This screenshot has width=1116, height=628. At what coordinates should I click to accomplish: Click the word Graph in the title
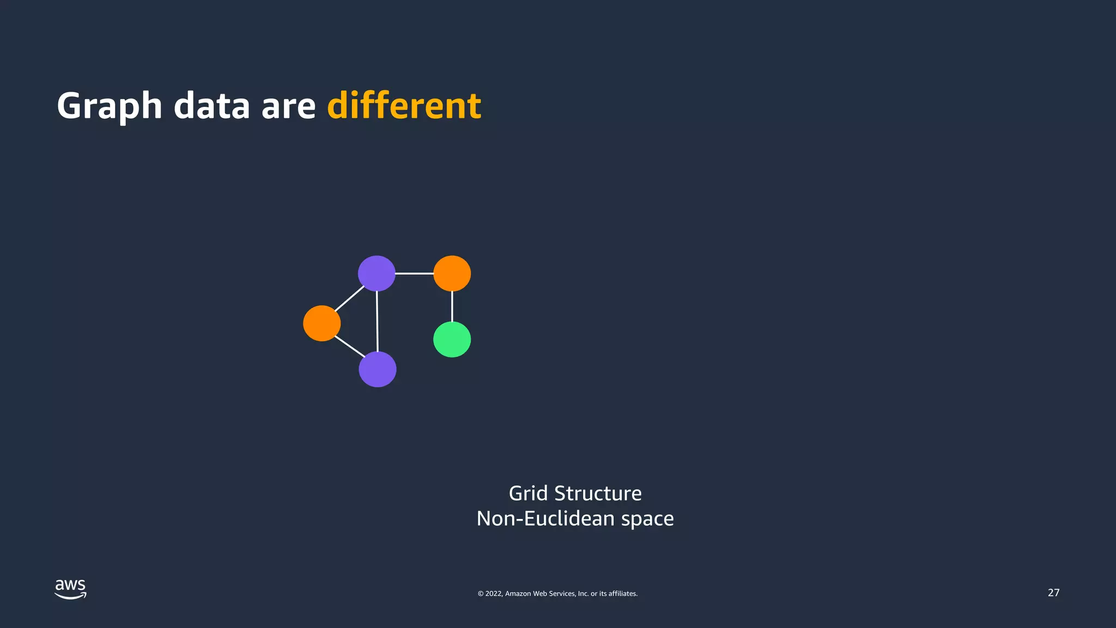point(109,106)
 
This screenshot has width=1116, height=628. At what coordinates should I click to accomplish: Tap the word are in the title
point(288,106)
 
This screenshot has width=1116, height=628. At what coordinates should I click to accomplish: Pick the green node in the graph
point(452,340)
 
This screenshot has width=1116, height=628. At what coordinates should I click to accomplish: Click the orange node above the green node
point(452,273)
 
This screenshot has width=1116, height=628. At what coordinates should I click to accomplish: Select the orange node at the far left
point(322,323)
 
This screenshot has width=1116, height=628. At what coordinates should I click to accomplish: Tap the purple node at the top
point(377,273)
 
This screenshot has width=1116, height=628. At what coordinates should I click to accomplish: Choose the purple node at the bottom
point(377,369)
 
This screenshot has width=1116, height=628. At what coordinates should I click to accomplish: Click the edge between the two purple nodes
point(377,322)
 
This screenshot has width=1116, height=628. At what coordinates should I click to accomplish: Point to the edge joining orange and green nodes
point(452,306)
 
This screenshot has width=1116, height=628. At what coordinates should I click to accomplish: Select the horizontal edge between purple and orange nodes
point(414,273)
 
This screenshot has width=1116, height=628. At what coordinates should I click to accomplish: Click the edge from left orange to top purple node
point(349,299)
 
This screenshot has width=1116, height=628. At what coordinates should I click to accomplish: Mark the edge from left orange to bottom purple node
point(350,347)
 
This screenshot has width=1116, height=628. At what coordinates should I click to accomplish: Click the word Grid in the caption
point(527,493)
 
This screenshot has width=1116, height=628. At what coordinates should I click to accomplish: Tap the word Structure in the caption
point(598,493)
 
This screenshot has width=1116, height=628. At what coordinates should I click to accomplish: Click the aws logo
point(70,589)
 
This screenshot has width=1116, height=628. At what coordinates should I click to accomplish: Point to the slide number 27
point(1053,593)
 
